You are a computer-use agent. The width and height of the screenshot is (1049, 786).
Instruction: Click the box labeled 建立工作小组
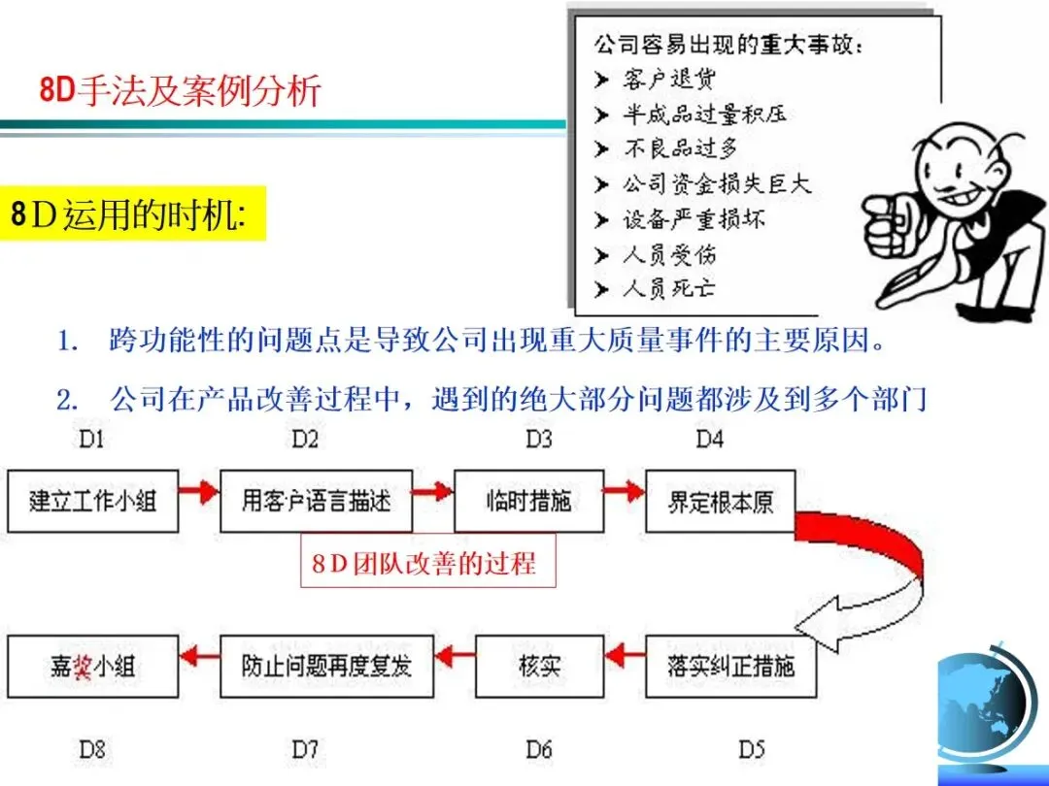(x=93, y=501)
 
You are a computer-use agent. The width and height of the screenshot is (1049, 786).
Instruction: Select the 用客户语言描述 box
(x=317, y=501)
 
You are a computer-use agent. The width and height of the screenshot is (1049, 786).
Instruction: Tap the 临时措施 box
(x=528, y=501)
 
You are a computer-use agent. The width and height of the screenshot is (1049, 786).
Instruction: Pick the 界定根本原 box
(x=720, y=501)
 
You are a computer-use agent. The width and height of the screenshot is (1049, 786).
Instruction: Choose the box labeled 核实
(x=533, y=666)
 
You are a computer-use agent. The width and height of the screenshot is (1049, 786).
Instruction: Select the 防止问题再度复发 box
(x=326, y=666)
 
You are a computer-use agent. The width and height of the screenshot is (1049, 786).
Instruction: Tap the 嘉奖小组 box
(x=93, y=666)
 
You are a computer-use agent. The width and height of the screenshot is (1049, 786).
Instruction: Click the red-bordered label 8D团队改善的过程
(x=428, y=563)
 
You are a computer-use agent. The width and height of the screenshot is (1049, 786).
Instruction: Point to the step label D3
(x=539, y=440)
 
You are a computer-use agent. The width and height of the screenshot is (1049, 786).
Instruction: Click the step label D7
(x=305, y=749)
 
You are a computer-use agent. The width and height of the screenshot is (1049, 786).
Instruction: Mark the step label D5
(x=751, y=749)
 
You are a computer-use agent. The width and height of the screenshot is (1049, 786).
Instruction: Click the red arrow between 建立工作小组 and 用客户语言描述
(x=199, y=492)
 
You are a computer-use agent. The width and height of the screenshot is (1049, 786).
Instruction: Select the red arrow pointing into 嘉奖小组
(x=199, y=658)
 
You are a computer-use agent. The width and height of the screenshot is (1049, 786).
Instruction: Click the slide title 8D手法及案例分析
(x=180, y=91)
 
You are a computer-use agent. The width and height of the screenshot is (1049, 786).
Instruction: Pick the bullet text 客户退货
(x=669, y=79)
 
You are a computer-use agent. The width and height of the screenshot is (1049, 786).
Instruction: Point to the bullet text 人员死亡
(x=669, y=289)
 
